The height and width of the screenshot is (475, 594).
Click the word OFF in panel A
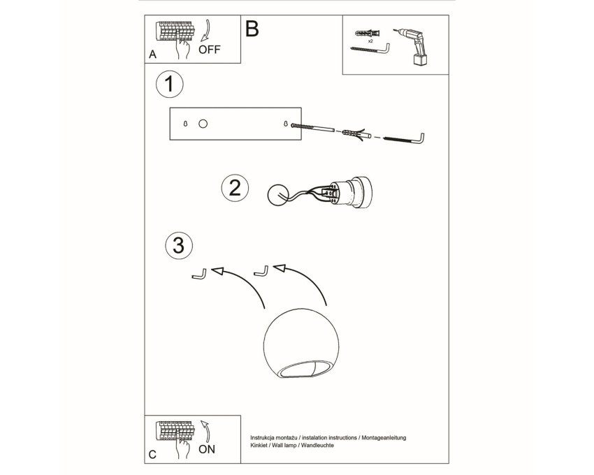tap(209, 49)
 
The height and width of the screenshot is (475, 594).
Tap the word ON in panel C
tap(206, 449)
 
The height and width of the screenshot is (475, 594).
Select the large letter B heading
tap(252, 29)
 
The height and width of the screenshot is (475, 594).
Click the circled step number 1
tap(169, 84)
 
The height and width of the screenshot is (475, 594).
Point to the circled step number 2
tap(235, 188)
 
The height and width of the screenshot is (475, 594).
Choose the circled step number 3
tap(179, 245)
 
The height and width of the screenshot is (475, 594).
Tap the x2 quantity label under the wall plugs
tap(370, 41)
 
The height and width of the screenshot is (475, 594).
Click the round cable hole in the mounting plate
tap(203, 124)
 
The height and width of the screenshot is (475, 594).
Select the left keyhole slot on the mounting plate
tap(185, 124)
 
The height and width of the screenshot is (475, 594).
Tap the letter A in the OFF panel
tap(152, 54)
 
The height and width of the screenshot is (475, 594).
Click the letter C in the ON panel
tap(152, 454)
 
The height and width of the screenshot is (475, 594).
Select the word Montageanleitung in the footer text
tap(384, 438)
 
